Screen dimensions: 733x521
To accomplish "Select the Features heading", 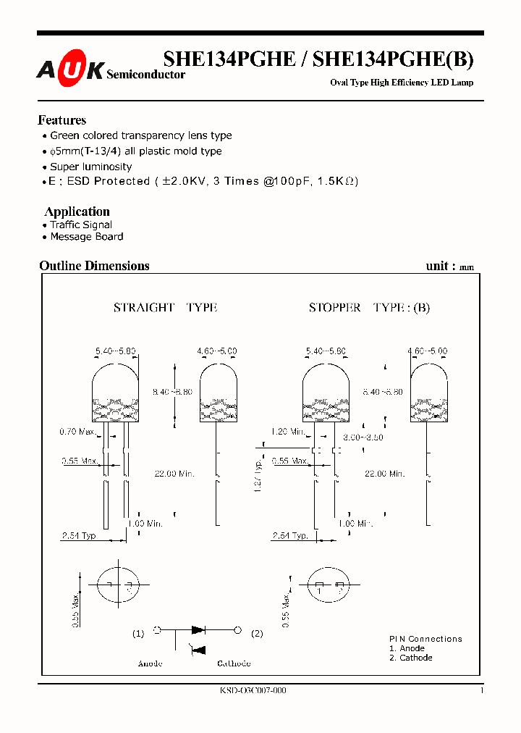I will click(62, 120).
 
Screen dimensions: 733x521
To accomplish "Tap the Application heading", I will click(77, 211).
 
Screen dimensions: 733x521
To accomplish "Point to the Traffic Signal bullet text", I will click(81, 225).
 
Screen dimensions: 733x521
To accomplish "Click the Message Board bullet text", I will click(86, 237).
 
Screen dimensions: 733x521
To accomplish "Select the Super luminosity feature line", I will click(90, 167).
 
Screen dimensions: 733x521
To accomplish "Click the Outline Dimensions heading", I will click(94, 266).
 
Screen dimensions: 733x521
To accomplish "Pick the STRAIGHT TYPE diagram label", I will click(165, 308).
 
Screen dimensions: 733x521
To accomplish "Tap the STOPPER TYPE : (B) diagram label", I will click(369, 308).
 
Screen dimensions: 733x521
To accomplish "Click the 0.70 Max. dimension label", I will click(77, 432).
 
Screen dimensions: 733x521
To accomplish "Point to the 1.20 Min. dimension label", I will click(287, 432).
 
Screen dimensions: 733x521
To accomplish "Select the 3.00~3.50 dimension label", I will click(363, 437).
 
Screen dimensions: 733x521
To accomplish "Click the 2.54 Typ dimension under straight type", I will click(78, 536).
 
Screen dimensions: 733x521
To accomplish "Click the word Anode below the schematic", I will click(150, 663).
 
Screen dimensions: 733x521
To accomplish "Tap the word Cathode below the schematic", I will click(234, 663).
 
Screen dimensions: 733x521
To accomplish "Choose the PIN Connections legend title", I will click(425, 639).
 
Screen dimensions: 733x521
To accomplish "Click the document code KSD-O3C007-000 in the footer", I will click(253, 691).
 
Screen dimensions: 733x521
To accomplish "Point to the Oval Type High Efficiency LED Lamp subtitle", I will click(402, 83).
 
